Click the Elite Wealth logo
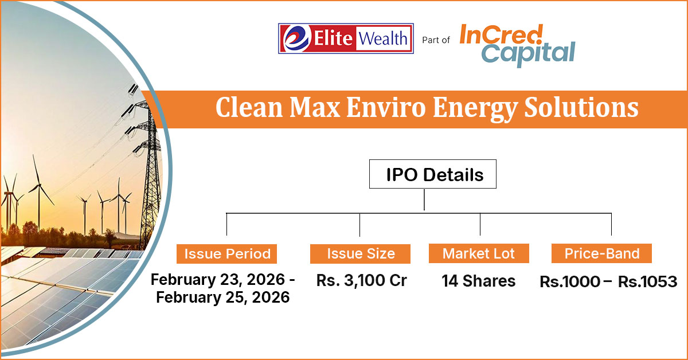pos(346,38)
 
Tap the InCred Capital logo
pos(517,45)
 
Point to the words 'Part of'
pos(436,40)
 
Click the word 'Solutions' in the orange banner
pos(581,108)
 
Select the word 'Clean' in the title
pos(249,108)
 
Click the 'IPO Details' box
pos(432,174)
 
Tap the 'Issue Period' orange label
pos(226,254)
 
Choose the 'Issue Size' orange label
pos(360,254)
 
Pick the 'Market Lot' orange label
pos(479,253)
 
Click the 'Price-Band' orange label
pos(601,253)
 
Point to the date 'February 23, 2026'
pos(218,280)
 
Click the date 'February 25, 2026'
pos(222,298)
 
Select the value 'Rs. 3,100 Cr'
pos(362,280)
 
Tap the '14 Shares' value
pos(479,281)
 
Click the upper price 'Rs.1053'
pos(647,281)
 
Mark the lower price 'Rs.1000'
pos(570,281)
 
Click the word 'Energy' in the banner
pos(475,109)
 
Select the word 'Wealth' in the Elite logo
pos(383,39)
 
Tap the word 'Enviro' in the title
pos(386,108)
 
